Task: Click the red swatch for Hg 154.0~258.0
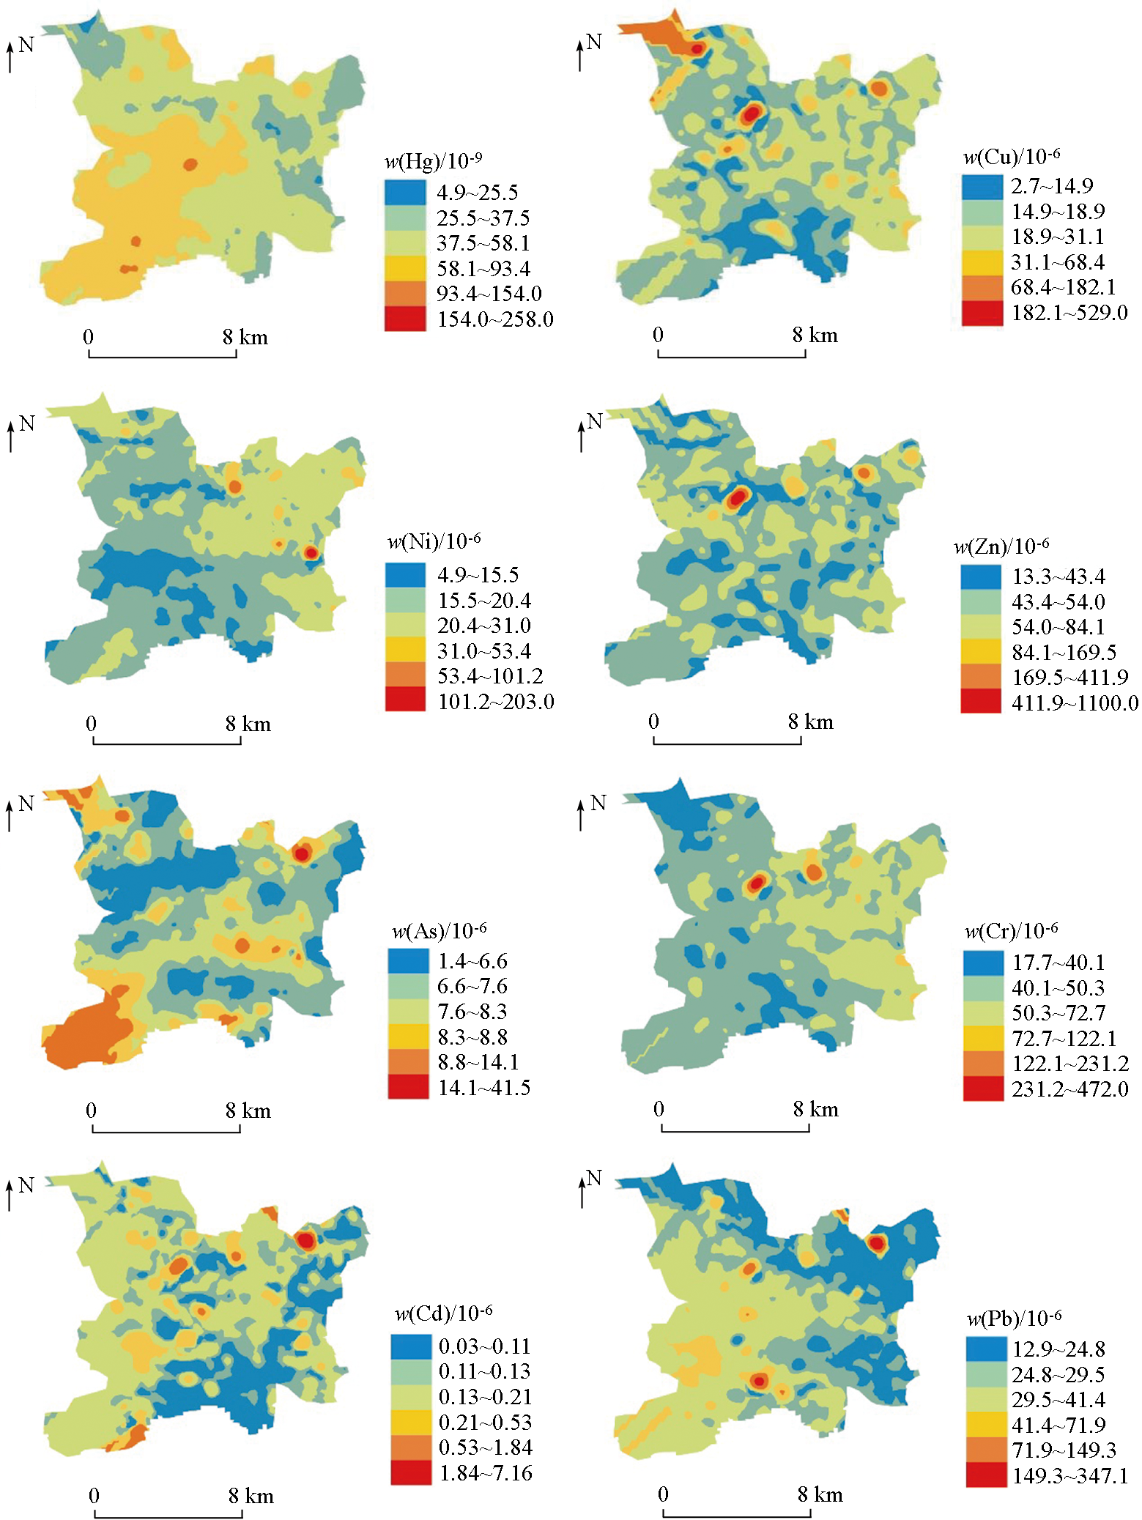[x=405, y=319]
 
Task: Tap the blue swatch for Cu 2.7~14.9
[x=982, y=186]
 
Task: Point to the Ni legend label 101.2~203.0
[x=496, y=701]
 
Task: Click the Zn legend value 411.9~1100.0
[x=1075, y=702]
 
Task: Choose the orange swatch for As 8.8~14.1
[x=408, y=1061]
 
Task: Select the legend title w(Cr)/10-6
[x=1011, y=930]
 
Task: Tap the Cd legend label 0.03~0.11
[x=484, y=1346]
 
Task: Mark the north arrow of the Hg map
[x=11, y=56]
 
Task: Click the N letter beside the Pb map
[x=594, y=1177]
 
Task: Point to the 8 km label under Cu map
[x=815, y=335]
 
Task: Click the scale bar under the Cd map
[x=168, y=1516]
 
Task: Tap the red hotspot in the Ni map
[x=311, y=552]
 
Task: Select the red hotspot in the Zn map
[x=737, y=497]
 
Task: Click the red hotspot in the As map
[x=301, y=852]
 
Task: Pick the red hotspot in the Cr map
[x=755, y=884]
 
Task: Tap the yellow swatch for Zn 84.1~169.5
[x=980, y=651]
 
